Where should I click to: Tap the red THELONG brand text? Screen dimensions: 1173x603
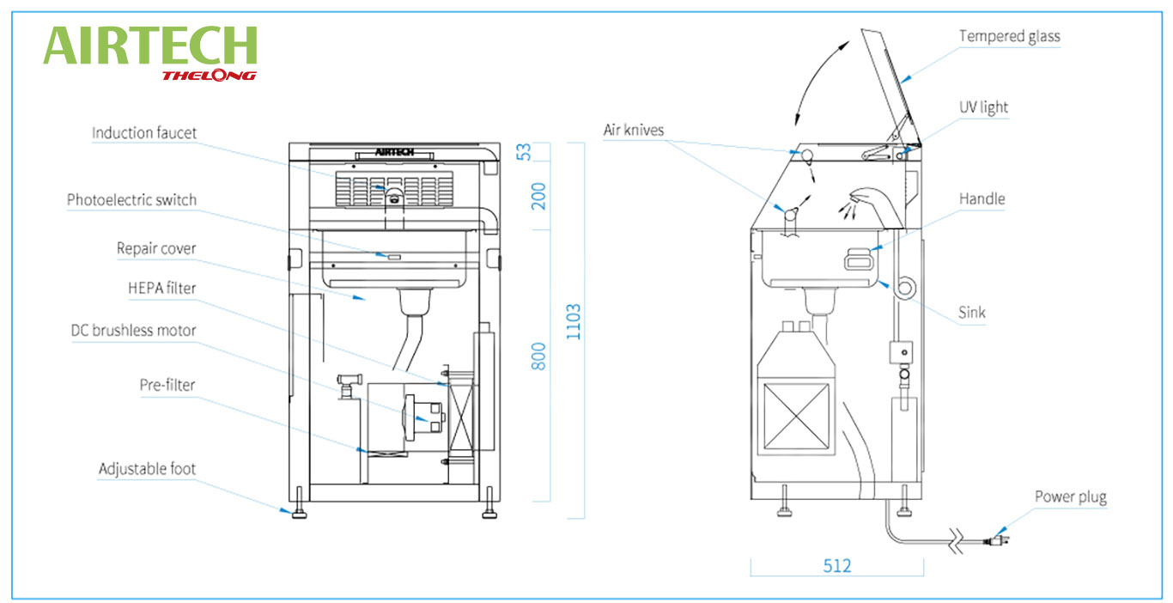[x=209, y=76]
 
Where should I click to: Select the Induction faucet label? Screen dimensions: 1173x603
[x=144, y=133]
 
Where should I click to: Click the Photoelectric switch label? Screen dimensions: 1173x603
[x=131, y=200]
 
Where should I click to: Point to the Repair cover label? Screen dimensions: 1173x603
[x=156, y=248]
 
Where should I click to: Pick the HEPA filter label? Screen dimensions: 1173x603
[x=161, y=288]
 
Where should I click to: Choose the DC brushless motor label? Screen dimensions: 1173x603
[x=134, y=331]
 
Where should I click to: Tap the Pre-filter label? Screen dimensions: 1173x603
[x=167, y=385]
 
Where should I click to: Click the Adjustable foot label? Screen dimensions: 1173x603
[x=147, y=469]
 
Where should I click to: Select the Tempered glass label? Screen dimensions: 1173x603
[x=1010, y=36]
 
